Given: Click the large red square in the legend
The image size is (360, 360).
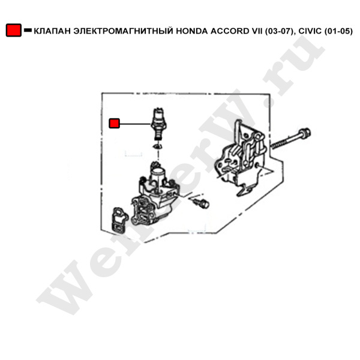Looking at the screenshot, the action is click(x=14, y=30).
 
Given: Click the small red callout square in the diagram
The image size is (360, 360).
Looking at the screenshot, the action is click(x=114, y=123).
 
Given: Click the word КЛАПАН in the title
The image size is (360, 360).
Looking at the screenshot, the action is click(x=52, y=31).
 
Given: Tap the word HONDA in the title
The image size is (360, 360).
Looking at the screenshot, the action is click(x=192, y=31).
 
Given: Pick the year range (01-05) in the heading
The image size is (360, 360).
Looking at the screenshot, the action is click(x=338, y=31).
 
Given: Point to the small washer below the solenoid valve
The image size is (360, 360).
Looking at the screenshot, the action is click(x=158, y=146).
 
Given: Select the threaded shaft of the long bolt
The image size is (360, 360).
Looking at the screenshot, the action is click(x=284, y=141).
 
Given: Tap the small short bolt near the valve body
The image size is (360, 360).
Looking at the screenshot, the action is click(x=201, y=203).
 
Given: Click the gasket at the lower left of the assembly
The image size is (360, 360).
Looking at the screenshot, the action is click(x=119, y=219).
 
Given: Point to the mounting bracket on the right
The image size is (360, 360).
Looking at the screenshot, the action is click(x=241, y=158).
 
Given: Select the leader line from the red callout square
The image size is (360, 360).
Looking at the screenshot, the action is click(x=135, y=124).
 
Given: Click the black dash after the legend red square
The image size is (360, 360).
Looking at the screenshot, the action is click(x=28, y=30).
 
